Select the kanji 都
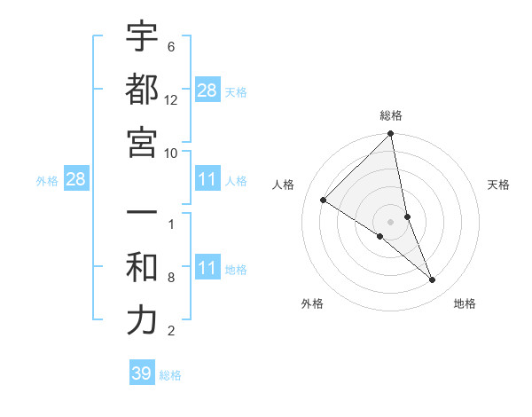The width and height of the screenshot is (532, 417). tap(142, 90)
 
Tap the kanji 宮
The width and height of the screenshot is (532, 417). tap(142, 142)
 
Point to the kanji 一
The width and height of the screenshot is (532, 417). tap(142, 216)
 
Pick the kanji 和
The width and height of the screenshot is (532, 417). tap(142, 269)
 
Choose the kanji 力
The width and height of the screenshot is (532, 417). tap(142, 321)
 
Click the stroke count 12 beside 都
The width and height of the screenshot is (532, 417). tap(171, 100)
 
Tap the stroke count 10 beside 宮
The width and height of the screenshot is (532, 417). tap(171, 153)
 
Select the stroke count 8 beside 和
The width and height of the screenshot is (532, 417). tap(171, 279)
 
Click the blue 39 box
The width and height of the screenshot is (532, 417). tap(141, 374)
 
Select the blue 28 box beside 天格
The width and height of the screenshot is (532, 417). tap(207, 90)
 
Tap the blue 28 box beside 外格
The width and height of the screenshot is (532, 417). tap(76, 180)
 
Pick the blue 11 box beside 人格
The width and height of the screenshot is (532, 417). tap(207, 180)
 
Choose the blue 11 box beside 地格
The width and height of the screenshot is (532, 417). tap(207, 269)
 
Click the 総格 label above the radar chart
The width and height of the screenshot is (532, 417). tap(391, 115)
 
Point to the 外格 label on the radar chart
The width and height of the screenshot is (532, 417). tap(312, 303)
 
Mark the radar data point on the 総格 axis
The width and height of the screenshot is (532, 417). tap(391, 135)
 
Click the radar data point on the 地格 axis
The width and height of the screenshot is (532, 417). tap(433, 280)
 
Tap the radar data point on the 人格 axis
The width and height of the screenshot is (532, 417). tap(324, 201)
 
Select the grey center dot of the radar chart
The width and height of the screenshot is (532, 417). tap(391, 222)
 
